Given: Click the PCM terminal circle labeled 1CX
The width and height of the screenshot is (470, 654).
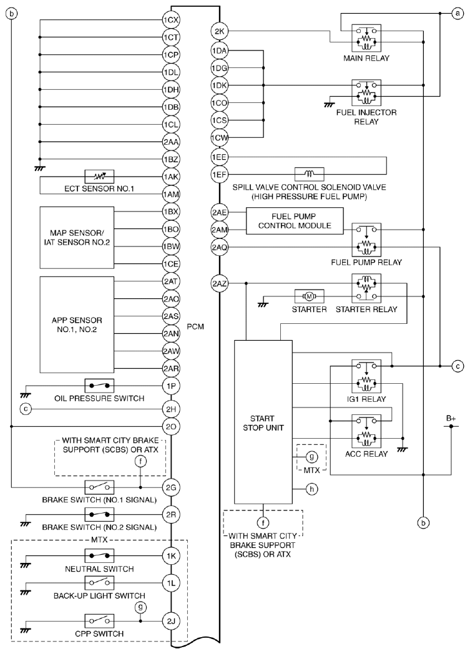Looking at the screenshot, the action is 171,19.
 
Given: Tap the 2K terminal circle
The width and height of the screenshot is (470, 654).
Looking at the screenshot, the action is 219,31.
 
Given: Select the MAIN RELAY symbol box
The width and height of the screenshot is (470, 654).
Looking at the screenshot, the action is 366,38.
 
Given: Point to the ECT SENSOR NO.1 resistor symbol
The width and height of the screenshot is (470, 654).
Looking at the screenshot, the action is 99,177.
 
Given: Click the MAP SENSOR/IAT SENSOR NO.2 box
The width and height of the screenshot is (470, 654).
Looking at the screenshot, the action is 77,237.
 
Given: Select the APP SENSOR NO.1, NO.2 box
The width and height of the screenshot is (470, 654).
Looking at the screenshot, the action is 77,325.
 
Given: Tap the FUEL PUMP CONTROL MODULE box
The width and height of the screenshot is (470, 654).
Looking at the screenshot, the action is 295,221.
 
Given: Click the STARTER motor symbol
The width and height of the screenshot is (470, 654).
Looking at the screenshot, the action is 309,296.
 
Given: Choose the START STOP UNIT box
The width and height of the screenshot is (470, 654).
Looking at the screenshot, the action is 263,422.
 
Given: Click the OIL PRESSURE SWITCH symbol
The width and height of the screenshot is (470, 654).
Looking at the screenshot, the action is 99,386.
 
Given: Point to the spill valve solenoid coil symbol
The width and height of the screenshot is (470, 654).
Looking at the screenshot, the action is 309,174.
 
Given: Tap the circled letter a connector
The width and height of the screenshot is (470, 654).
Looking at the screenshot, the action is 458,13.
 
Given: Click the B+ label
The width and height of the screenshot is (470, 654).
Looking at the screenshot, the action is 451,418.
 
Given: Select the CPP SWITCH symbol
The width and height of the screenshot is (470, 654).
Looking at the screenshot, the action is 99,621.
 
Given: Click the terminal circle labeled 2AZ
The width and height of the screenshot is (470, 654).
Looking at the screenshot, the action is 219,283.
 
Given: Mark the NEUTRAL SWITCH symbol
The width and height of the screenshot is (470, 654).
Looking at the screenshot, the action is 99,555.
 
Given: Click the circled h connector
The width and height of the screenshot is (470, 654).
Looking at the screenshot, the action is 311,489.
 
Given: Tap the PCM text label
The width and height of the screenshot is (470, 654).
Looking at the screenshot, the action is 195,326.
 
